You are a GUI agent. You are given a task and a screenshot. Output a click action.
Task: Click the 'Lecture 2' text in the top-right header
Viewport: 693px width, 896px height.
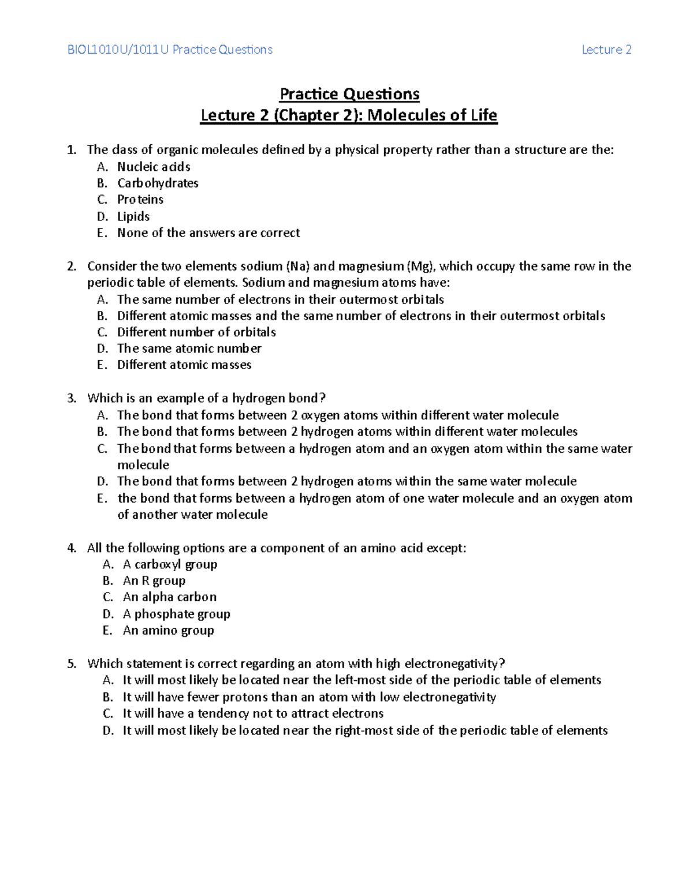(x=606, y=50)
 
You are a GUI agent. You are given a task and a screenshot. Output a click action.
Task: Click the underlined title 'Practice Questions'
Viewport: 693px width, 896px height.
(x=349, y=93)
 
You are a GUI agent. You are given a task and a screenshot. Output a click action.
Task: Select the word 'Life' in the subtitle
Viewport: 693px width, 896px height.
(x=483, y=115)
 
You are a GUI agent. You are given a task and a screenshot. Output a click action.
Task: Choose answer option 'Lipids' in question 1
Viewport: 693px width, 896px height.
(x=133, y=216)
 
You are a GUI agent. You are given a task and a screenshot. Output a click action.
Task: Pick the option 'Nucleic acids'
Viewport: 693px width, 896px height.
(x=154, y=167)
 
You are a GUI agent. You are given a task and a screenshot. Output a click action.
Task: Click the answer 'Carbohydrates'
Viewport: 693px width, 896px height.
(x=158, y=183)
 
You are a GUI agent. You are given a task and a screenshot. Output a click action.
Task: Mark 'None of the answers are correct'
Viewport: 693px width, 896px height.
(x=208, y=233)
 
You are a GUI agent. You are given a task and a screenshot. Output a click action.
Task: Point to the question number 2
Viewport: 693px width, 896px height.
(x=71, y=266)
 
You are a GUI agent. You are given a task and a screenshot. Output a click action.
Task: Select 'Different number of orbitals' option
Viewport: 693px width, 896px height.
(x=196, y=332)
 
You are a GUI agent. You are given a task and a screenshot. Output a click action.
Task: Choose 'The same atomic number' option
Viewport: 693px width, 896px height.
(x=189, y=348)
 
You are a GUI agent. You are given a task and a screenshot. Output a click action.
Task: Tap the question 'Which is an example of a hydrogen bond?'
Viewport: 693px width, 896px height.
(x=206, y=398)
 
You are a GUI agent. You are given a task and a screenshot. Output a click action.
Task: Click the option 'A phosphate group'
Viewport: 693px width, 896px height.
(x=176, y=614)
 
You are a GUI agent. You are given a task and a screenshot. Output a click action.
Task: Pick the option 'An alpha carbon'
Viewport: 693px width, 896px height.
(x=169, y=597)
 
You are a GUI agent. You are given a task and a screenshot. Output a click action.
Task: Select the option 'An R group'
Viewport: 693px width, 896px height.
(x=154, y=580)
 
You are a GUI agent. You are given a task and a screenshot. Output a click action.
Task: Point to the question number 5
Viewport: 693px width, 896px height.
(x=71, y=663)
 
